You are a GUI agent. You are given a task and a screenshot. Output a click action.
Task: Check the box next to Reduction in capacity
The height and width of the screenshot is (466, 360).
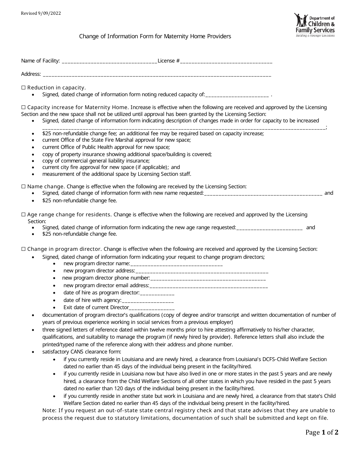coord(23,88)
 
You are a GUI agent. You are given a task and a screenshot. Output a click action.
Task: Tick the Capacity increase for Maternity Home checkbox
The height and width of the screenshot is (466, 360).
coord(23,107)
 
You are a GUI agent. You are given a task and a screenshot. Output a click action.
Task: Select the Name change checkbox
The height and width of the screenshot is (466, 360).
coord(23,186)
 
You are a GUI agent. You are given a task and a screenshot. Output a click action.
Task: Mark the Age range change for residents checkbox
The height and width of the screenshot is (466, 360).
coord(23,214)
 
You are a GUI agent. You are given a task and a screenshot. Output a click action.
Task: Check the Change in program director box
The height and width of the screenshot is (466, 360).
coord(23,249)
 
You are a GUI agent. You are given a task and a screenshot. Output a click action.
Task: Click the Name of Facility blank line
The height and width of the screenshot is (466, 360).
coord(109,61)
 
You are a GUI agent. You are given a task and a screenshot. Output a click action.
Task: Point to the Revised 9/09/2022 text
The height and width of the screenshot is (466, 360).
coord(41,13)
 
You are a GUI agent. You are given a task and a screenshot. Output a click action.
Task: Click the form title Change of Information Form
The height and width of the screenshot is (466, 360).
coord(155,37)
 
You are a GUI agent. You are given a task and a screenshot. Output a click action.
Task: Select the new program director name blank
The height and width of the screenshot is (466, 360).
coord(176,264)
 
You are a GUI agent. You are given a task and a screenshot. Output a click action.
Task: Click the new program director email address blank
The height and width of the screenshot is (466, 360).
coord(208,286)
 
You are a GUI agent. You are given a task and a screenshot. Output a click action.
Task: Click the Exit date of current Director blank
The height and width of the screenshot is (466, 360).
coord(152,308)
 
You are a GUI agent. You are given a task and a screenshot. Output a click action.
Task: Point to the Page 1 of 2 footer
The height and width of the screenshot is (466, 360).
coord(322,432)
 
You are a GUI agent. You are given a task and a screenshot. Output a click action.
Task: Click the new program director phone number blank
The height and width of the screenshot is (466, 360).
coord(208,279)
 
